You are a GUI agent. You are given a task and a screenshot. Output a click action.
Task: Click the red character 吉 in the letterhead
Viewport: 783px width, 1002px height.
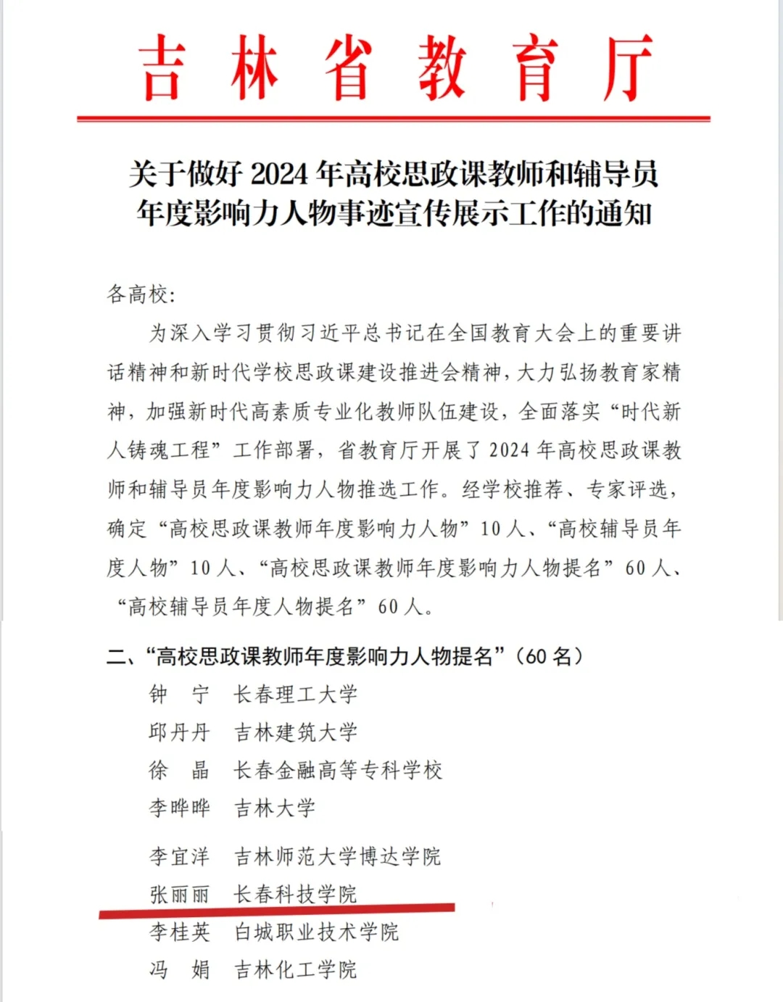click(x=161, y=68)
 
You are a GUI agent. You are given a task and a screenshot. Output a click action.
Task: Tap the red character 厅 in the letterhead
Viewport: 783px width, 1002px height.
click(x=628, y=68)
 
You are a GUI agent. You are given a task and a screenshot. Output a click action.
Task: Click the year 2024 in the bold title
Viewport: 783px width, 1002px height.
click(x=282, y=174)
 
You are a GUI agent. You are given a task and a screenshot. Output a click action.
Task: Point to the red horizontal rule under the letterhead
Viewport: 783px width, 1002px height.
click(x=393, y=118)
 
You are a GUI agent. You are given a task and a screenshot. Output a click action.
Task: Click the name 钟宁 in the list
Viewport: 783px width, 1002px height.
click(x=179, y=695)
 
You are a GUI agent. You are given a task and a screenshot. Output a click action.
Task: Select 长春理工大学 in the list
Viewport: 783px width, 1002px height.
click(x=296, y=695)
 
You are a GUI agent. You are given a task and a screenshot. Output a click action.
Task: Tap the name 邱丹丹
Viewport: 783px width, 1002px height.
click(x=179, y=732)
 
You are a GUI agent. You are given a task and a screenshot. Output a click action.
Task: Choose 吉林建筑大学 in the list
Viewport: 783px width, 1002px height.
click(x=296, y=732)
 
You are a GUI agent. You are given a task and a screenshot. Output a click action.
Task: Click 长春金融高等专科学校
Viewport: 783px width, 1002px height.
click(x=338, y=770)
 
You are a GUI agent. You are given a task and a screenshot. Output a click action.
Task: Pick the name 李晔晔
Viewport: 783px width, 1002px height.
click(x=179, y=808)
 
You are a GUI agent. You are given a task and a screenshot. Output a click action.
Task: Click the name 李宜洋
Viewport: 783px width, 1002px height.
click(x=179, y=856)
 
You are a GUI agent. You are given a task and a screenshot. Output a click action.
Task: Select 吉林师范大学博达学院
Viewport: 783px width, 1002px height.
click(x=338, y=856)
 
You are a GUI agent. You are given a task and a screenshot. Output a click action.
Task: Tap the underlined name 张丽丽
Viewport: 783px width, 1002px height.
click(x=179, y=894)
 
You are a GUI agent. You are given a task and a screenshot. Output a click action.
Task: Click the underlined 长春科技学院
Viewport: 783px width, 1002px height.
click(x=296, y=894)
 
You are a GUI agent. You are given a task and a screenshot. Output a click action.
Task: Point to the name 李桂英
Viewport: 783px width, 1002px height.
click(x=179, y=932)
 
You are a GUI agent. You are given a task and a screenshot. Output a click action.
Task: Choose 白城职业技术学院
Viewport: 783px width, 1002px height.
click(x=317, y=932)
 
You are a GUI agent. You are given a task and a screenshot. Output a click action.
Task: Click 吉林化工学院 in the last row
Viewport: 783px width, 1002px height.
click(x=296, y=969)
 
